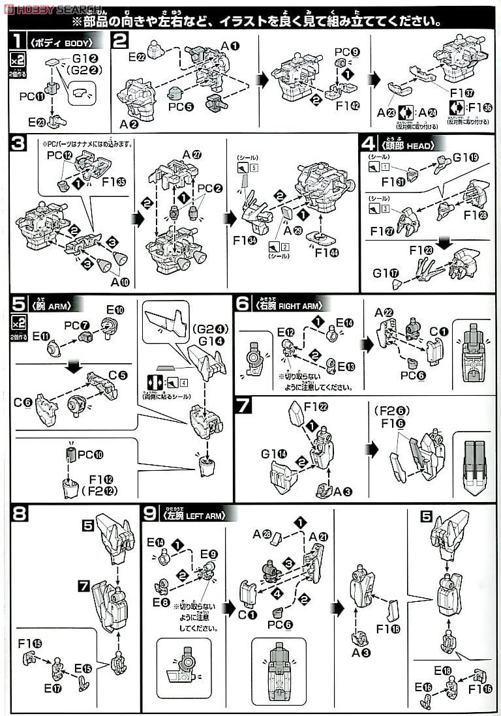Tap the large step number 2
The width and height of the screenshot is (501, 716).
pos(120,41)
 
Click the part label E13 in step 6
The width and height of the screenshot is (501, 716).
pos(344,366)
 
